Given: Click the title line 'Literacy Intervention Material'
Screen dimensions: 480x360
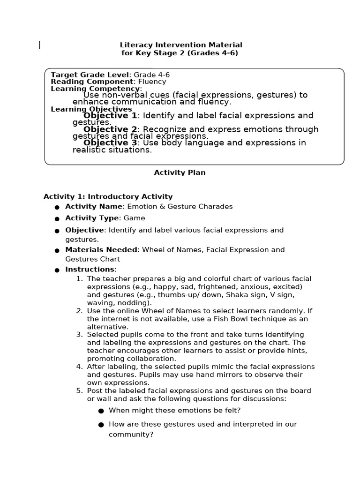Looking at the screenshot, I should (181, 45).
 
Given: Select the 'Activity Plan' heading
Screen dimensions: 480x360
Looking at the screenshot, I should (180, 172).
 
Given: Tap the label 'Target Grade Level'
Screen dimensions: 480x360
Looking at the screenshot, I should (90, 75).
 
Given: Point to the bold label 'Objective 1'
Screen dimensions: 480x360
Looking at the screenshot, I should (110, 115).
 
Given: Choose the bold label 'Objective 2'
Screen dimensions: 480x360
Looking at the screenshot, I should (110, 129).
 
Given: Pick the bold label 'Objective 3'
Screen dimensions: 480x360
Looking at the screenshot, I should (110, 142).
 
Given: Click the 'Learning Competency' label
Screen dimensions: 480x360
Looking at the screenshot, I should (95, 89).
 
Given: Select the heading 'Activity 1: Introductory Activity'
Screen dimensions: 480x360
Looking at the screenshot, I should (108, 197).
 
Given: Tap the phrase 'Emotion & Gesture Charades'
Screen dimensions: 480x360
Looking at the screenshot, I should (180, 207).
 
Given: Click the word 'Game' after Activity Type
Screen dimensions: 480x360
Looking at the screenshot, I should (135, 218).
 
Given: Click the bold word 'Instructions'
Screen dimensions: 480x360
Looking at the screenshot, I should (90, 270).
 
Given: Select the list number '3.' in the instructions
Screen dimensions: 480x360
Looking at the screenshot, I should (79, 335).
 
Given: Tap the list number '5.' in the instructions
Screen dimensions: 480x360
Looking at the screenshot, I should (79, 391).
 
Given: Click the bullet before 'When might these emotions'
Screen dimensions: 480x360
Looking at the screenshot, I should (101, 411).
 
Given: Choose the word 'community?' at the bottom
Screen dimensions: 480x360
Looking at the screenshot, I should (131, 435).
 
